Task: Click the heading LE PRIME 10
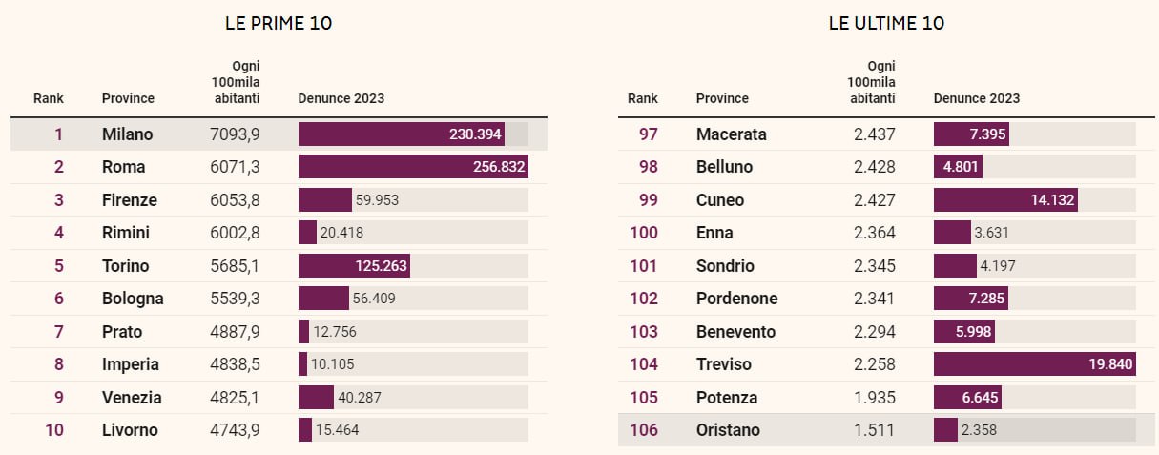[x=279, y=24]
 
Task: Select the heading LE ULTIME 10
[x=886, y=24]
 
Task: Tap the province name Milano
[x=127, y=134]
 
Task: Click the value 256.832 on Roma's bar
[x=493, y=167]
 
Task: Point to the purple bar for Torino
[x=354, y=266]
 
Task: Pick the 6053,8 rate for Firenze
[x=234, y=200]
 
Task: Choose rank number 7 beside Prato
[x=58, y=332]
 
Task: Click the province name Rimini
[x=125, y=233]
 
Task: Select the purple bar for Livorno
[x=305, y=430]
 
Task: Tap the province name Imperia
[x=130, y=364]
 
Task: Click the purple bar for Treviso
[x=1034, y=364]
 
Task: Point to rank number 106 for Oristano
[x=644, y=430]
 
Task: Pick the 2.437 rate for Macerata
[x=874, y=134]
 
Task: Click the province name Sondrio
[x=725, y=266]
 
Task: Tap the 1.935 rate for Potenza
[x=874, y=398]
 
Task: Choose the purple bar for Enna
[x=952, y=233]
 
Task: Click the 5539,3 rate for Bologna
[x=234, y=299]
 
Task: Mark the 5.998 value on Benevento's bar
[x=973, y=332]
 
